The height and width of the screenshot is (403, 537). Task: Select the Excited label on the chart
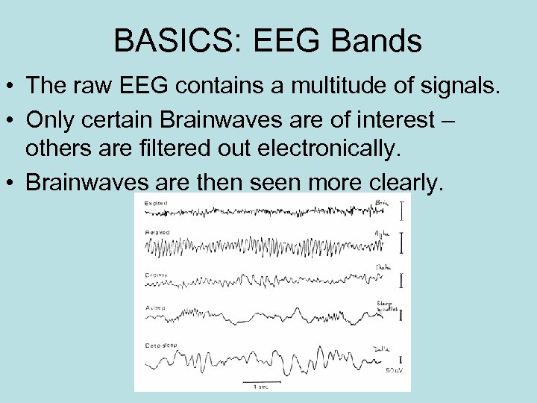pyautogui.click(x=156, y=203)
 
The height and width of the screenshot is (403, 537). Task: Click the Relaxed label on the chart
pyautogui.click(x=157, y=233)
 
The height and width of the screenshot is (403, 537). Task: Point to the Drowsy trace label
pyautogui.click(x=157, y=275)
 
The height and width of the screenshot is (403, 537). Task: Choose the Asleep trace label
pyautogui.click(x=155, y=308)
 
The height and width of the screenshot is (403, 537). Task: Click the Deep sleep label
pyautogui.click(x=161, y=346)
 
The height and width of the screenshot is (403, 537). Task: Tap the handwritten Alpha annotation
pyautogui.click(x=382, y=234)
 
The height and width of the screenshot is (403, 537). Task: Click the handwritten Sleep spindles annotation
pyautogui.click(x=385, y=304)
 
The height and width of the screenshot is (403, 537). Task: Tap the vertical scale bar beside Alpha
pyautogui.click(x=402, y=243)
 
